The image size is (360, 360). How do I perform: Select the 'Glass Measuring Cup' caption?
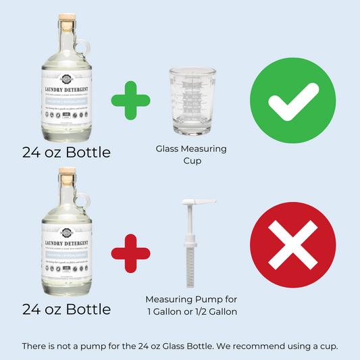pyautogui.click(x=191, y=153)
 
